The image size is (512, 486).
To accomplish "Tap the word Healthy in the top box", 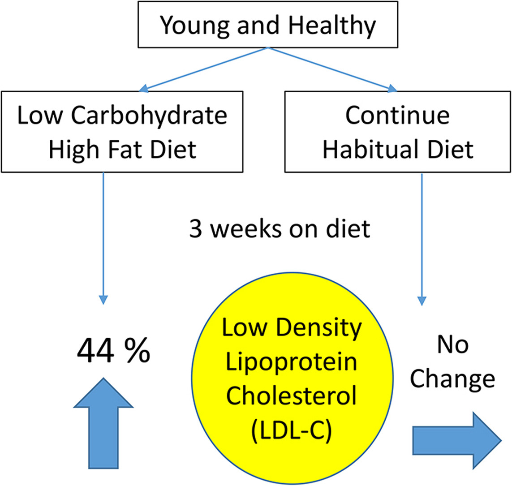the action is coord(332,26).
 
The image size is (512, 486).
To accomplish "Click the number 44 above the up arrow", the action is coord(96,351).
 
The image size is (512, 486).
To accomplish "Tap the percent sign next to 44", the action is coord(137,351).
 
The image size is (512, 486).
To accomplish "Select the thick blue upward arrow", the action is coord(103,423).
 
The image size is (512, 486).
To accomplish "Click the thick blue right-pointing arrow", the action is coord(457,441).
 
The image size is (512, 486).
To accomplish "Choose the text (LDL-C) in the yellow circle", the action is coord(292,430).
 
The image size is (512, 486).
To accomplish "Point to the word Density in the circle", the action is coord(319,328).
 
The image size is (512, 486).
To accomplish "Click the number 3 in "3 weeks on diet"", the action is coord(196,228).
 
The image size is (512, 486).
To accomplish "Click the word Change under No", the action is coord(452,380).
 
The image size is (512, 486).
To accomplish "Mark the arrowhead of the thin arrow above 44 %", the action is coord(103,300).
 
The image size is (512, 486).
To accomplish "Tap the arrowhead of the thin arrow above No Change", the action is coord(422,301).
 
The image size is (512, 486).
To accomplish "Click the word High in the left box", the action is coord(73,151).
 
